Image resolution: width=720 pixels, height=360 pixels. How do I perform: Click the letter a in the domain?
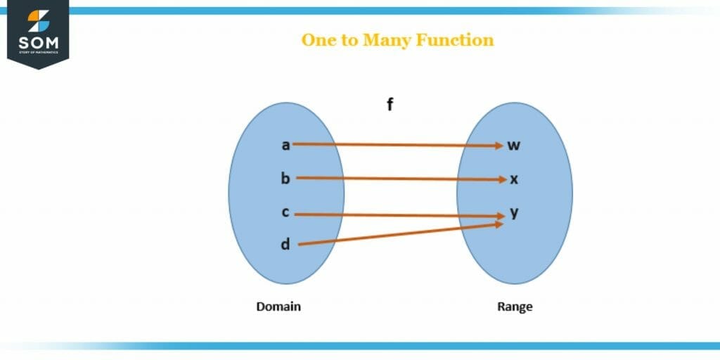285,146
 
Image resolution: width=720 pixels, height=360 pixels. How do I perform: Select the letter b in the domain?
285,179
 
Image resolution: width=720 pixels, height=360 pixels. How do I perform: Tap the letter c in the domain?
285,212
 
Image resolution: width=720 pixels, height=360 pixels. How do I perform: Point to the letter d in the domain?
285,245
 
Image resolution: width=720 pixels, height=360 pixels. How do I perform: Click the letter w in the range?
514,146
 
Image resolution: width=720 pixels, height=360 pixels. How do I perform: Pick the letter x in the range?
514,179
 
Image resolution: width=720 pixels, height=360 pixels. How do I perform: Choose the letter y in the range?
514,212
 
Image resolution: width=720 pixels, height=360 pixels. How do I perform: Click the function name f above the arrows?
390,105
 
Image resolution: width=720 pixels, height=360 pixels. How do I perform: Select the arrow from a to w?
394,145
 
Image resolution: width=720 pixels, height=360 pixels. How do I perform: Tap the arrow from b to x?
397,179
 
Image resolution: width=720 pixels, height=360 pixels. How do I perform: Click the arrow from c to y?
397,214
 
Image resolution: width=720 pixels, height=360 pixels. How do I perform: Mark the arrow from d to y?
397,235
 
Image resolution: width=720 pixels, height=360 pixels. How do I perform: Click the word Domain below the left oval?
278,307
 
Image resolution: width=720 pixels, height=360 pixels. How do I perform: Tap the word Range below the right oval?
515,307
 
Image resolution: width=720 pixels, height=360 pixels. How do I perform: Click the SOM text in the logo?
39,44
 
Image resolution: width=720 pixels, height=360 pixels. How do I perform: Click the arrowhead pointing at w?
498,146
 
